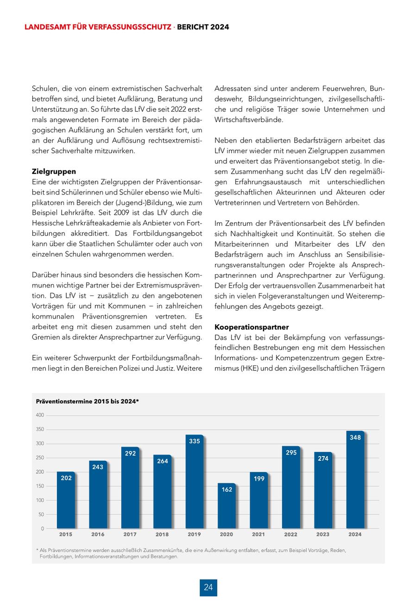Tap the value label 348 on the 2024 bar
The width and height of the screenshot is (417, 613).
click(355, 438)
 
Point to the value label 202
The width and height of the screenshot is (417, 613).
click(66, 478)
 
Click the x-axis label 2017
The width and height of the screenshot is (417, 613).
click(130, 534)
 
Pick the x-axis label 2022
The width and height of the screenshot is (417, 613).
click(291, 534)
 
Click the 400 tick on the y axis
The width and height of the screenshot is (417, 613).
click(40, 415)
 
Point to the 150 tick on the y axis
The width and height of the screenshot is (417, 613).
click(40, 486)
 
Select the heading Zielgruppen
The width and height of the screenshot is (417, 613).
click(54, 171)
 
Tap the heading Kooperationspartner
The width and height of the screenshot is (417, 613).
click(252, 327)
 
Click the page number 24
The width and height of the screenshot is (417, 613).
click(208, 588)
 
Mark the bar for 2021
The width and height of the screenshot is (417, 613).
click(259, 500)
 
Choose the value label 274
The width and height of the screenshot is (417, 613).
click(323, 458)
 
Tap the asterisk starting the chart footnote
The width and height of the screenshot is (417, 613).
click(37, 550)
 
